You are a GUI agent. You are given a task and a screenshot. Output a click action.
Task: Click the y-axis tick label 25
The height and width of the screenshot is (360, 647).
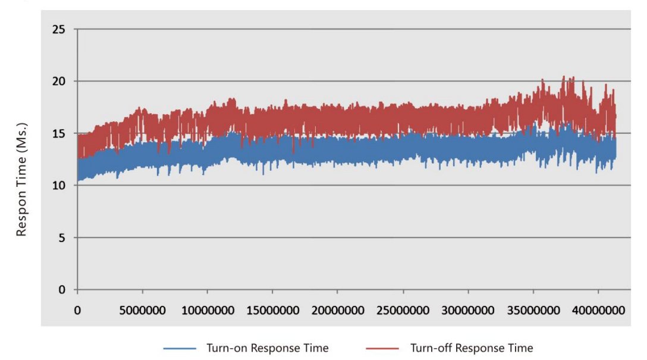point(59,29)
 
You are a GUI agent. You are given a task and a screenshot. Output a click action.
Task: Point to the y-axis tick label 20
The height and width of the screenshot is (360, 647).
point(59,81)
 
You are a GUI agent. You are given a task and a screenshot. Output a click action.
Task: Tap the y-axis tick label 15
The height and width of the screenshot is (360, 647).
point(59,133)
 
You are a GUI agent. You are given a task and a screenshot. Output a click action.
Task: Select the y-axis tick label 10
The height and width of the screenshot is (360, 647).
point(59,186)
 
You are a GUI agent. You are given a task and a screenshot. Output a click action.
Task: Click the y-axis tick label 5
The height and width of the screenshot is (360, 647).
point(62,238)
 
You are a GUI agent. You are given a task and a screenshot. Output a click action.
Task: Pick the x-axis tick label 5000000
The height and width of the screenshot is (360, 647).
point(142,311)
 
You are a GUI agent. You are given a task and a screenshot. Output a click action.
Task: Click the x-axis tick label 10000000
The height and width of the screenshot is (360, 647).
point(207,311)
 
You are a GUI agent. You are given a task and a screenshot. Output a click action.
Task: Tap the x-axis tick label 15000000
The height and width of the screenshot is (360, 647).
point(272,311)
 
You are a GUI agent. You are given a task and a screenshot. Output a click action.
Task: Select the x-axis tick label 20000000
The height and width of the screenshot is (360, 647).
point(337,311)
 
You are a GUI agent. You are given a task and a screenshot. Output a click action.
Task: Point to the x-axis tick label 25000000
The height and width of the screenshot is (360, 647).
point(403,311)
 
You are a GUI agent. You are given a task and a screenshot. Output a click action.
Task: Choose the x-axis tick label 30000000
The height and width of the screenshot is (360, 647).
point(468,311)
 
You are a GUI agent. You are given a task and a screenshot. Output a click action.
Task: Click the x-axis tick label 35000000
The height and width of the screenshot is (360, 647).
point(533,311)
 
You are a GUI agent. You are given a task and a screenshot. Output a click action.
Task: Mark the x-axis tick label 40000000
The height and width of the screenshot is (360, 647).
point(598,311)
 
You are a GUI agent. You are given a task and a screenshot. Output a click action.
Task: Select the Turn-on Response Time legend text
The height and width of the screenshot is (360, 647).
point(268,348)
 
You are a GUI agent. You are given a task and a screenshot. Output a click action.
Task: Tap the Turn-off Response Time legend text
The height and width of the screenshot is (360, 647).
point(472,348)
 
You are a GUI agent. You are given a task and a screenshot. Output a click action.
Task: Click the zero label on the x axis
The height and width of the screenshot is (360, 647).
point(77,311)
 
